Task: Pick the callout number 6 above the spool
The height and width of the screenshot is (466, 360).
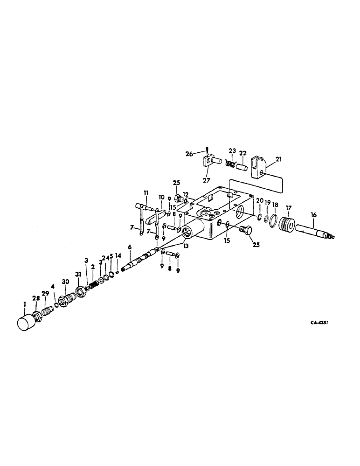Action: coord(130,247)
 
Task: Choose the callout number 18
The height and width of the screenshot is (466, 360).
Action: coord(275,205)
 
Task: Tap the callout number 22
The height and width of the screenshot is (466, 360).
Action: coord(243,153)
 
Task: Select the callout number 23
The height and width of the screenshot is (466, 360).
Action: coord(232,151)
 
